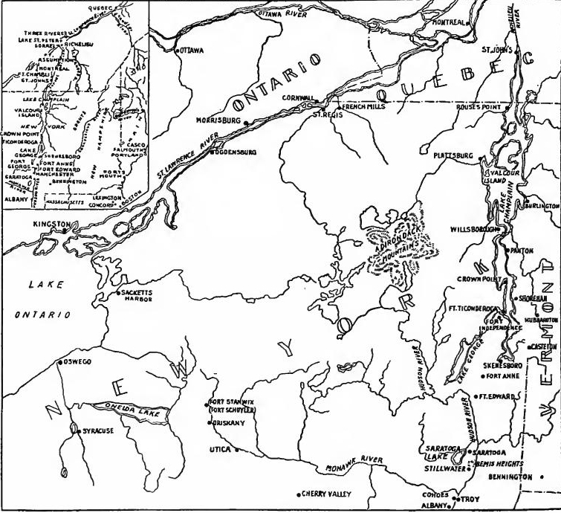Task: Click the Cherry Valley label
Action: point(325,494)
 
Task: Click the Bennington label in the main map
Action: point(511,477)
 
